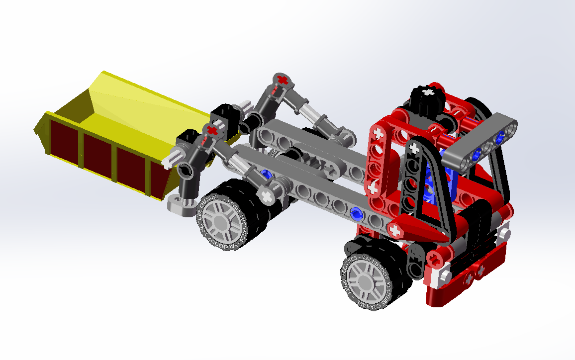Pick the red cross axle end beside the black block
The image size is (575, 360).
pyautogui.click(x=212, y=130)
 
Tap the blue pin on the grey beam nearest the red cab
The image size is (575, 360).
pyautogui.click(x=356, y=214)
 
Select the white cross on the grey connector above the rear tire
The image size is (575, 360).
pyautogui.click(x=267, y=196)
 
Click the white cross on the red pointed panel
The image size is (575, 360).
pyautogui.click(x=395, y=230)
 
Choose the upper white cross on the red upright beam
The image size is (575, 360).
pyautogui.click(x=378, y=133)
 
